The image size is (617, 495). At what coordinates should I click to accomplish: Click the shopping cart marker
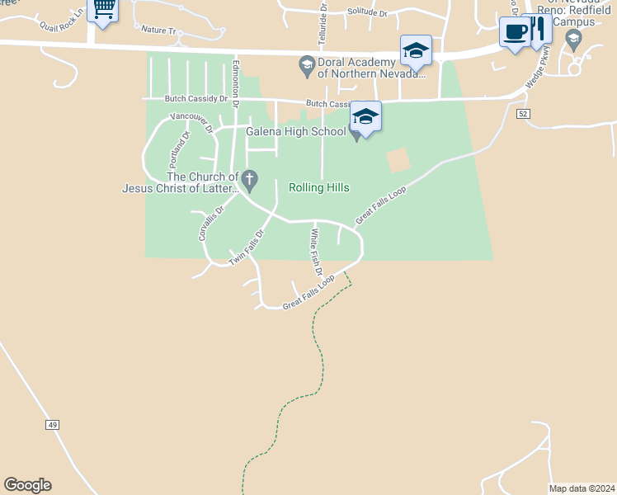[102, 10]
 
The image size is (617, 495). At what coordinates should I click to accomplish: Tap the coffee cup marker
[515, 32]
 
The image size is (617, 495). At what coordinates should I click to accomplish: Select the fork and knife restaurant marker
[539, 29]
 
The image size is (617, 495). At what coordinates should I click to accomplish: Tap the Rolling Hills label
[319, 187]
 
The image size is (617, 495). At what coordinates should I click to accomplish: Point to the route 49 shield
[52, 424]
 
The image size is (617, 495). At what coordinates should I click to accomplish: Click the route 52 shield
[523, 114]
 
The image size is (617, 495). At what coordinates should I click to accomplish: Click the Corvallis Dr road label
[205, 224]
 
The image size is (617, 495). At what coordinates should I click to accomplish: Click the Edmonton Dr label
[236, 82]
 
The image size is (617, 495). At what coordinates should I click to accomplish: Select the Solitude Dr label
[367, 12]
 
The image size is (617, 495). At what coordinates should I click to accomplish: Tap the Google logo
[27, 485]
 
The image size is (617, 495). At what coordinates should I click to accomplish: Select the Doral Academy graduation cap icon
[307, 64]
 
